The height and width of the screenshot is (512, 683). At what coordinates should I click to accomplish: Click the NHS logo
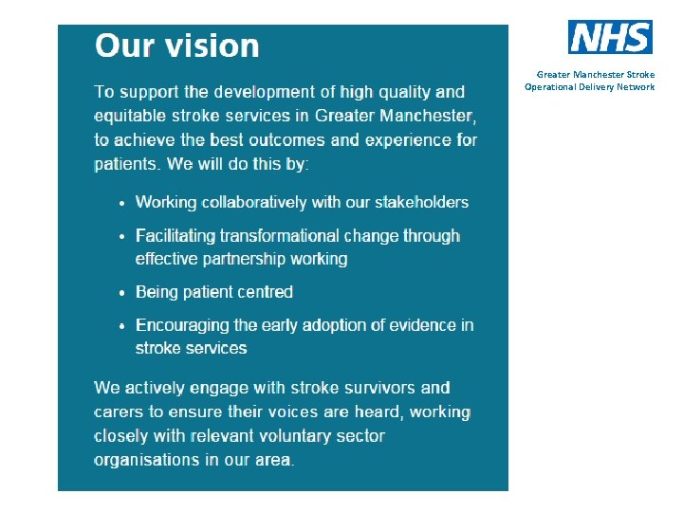610,37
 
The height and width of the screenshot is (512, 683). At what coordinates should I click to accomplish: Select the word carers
118,412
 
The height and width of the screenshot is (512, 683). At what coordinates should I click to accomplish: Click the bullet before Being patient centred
121,293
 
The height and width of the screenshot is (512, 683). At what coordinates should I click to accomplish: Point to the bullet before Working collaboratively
121,203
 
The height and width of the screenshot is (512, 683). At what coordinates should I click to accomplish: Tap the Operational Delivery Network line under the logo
589,87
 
